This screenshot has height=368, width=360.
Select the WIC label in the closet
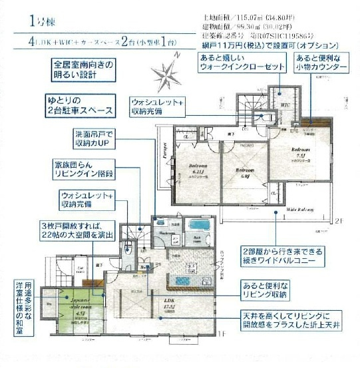click(285, 104)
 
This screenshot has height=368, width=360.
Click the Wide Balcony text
click(301, 208)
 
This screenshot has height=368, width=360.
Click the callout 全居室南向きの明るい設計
click(84, 71)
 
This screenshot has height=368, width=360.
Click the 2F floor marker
click(337, 220)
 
